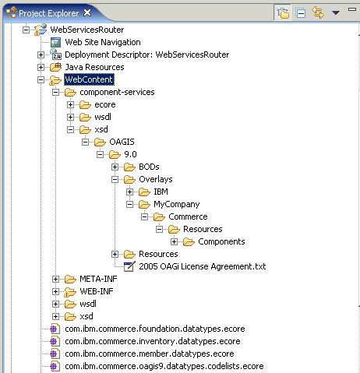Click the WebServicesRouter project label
coord(87,30)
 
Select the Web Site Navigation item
coord(103,42)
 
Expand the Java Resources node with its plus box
coord(41,67)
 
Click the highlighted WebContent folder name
coord(89,79)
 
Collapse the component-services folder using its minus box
coord(55,92)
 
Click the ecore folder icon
coord(85,104)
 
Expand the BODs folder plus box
coord(115,167)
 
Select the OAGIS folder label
coord(122,142)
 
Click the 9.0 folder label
coord(130,154)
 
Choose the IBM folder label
coord(161,192)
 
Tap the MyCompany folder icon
coord(144,204)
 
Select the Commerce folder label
coord(188,216)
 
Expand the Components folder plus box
coord(174,241)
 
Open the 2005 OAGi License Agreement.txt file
coord(203,266)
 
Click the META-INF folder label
coord(98,279)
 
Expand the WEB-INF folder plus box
coord(55,291)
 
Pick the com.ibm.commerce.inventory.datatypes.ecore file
coord(153,341)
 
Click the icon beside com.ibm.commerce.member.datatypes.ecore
coord(55,354)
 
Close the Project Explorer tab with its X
coord(87,12)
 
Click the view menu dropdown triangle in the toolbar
coord(336,12)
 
